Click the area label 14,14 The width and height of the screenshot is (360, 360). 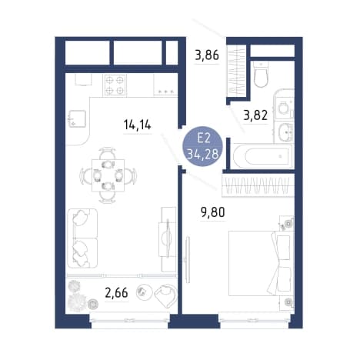coord(138,125)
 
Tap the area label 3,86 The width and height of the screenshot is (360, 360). coord(207,55)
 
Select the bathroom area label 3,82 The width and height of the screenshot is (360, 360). coord(255,115)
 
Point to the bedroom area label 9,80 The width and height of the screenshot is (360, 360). coord(213,212)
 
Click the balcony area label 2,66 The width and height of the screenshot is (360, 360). coord(116,293)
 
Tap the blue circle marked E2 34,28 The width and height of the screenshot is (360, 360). coord(202,147)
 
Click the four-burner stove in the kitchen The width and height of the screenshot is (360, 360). coord(115,85)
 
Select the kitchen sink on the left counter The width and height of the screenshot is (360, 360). coord(77,118)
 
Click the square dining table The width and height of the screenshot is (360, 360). coord(108,175)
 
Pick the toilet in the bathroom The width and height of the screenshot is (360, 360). coord(261,75)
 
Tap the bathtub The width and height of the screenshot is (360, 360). coord(262,156)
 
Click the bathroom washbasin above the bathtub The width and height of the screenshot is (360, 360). coord(285,132)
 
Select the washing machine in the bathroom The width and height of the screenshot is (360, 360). coord(285,105)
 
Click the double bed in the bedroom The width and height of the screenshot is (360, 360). coord(261,263)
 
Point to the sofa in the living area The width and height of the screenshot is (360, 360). coord(82,238)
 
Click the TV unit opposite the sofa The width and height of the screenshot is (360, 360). coord(167,239)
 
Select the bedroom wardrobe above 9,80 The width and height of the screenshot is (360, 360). coord(258,185)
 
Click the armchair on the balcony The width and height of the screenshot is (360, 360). coord(166,295)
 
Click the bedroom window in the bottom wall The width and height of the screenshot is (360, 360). coord(254,320)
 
